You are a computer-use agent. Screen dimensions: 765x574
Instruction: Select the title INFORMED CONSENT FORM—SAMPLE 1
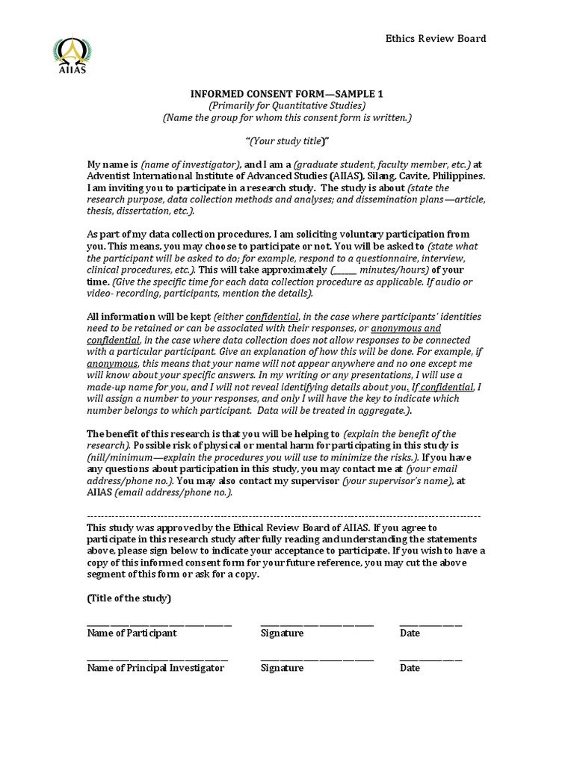pos(287,94)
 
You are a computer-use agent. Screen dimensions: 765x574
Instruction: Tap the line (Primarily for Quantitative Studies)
pos(287,106)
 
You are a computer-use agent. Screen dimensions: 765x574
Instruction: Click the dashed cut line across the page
pos(284,516)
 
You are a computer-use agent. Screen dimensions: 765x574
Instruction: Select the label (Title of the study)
pos(129,598)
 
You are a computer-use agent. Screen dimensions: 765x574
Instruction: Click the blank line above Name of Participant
pos(159,624)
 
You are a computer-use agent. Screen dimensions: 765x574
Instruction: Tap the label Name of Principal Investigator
pos(155,669)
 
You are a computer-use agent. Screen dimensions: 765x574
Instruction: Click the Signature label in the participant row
pos(282,634)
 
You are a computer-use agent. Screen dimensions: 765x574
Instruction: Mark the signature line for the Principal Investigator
pos(317,659)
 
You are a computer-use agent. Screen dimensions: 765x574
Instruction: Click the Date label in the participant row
pos(410,634)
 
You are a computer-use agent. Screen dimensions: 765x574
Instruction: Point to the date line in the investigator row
pos(430,659)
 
